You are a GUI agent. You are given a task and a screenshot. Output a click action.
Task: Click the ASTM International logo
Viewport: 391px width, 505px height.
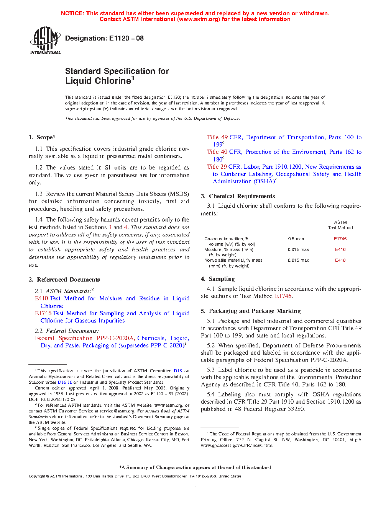click(45, 40)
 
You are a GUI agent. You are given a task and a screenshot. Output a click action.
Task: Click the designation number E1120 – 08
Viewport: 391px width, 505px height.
click(126, 38)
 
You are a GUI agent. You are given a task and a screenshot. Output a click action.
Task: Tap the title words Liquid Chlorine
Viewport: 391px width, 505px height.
click(98, 81)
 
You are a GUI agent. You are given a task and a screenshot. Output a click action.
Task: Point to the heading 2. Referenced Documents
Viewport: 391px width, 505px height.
click(64, 280)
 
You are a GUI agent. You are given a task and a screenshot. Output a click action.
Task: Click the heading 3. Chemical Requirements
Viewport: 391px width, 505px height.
click(238, 196)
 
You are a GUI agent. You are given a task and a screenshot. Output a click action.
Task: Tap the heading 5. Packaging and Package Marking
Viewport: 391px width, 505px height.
click(251, 311)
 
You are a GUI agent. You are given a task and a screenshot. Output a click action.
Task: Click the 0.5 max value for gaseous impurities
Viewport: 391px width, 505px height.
click(296, 239)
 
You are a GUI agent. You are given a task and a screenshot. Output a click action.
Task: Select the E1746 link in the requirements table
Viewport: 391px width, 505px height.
click(340, 239)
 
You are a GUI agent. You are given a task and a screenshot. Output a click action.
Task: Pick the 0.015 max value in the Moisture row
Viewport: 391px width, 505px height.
click(298, 249)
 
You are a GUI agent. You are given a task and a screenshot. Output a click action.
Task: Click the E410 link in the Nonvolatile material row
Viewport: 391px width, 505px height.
click(340, 260)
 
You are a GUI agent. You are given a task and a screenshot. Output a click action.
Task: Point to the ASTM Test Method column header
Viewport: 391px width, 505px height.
click(340, 225)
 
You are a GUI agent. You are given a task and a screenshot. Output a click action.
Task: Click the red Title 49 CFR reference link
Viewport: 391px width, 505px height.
click(217, 137)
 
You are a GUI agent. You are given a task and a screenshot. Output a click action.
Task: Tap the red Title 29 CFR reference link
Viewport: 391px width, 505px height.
click(217, 167)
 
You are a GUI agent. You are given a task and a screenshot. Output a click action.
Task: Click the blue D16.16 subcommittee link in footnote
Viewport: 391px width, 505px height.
click(65, 382)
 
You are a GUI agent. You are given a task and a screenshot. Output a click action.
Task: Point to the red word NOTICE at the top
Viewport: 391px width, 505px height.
click(72, 13)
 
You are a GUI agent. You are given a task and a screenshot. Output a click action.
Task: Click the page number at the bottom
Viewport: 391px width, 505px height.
click(195, 485)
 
